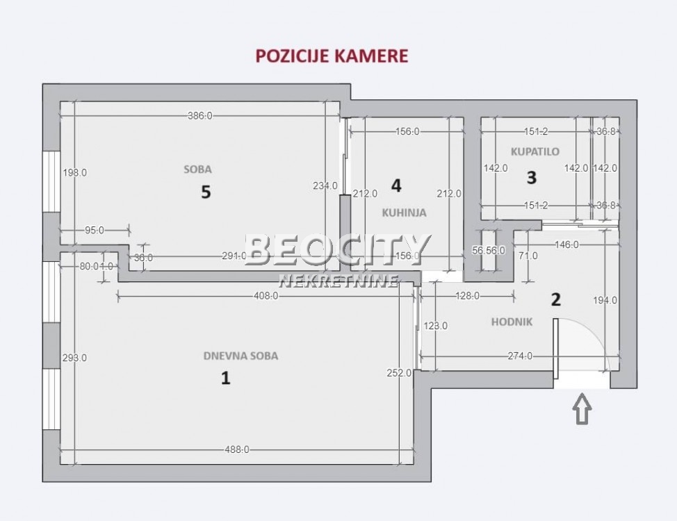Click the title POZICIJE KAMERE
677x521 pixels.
(x=332, y=56)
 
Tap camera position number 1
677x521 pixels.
(x=225, y=379)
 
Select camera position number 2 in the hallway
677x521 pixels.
(x=555, y=299)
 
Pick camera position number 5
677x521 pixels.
(x=206, y=192)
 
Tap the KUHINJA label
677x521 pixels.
(x=404, y=213)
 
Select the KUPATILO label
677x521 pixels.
(x=535, y=151)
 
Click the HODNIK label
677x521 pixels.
(x=512, y=322)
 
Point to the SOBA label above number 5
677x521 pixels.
(x=197, y=169)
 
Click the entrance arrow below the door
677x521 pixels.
(x=582, y=409)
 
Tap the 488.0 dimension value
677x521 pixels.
(x=236, y=450)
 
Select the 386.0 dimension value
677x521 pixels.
(x=199, y=116)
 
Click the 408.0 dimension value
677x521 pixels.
(x=266, y=295)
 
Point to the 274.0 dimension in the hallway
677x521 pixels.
(x=520, y=356)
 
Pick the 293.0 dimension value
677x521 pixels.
(x=74, y=358)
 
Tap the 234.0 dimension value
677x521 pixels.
(x=325, y=185)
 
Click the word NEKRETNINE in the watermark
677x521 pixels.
(x=338, y=281)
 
